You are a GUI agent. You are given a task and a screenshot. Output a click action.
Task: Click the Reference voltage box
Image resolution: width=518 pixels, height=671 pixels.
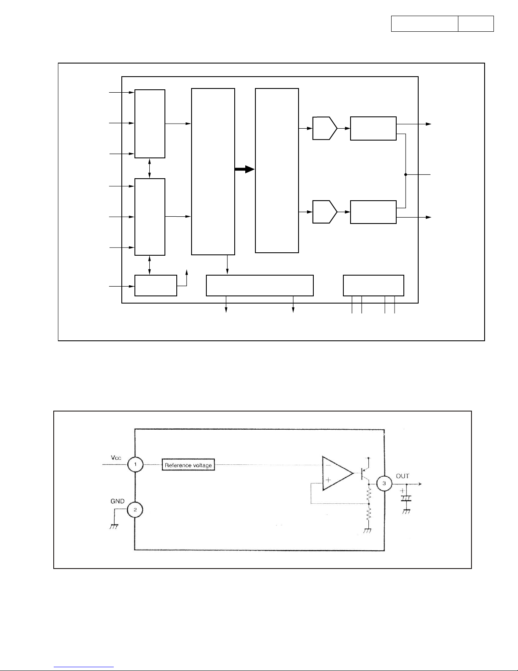(x=188, y=465)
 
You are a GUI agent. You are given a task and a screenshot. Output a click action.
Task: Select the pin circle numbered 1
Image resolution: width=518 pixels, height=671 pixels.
(x=135, y=465)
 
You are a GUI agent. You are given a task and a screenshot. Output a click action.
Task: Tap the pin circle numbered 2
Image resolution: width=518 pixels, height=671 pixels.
(x=135, y=510)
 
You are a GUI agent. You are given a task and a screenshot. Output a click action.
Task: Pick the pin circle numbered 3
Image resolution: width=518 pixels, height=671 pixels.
(x=384, y=483)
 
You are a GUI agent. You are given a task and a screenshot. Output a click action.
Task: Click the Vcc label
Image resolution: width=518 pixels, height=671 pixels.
(x=116, y=457)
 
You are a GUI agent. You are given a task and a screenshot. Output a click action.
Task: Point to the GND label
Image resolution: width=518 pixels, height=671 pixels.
(x=117, y=501)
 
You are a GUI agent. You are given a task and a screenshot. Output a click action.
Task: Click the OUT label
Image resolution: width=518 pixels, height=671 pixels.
(x=403, y=476)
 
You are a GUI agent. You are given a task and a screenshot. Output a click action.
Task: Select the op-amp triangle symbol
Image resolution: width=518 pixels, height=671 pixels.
(x=337, y=473)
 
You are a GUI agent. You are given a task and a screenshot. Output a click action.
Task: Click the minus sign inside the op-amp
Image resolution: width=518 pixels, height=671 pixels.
(x=328, y=465)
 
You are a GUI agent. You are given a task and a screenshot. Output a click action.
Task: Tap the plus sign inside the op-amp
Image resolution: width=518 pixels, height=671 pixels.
(x=328, y=481)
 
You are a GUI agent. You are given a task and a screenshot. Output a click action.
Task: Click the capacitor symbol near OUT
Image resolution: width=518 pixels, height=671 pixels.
(x=406, y=498)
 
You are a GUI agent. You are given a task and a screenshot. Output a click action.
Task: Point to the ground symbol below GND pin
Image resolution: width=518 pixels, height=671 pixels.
(x=114, y=526)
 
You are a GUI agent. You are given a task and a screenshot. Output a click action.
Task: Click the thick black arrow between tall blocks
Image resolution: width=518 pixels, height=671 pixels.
(x=245, y=169)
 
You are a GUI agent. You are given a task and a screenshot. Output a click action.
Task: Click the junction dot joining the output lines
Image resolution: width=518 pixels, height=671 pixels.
(x=406, y=174)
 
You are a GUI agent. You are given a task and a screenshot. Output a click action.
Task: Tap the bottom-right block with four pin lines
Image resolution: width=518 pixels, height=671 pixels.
(x=373, y=285)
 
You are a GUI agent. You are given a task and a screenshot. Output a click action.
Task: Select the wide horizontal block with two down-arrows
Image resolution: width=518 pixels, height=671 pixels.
(x=260, y=285)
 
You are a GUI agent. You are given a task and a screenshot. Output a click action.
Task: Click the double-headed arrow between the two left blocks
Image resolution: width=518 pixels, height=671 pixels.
(x=150, y=168)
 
